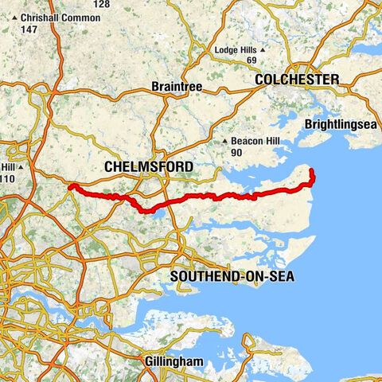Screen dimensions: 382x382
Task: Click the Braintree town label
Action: coord(177,86)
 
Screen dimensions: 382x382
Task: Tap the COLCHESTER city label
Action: coord(297,80)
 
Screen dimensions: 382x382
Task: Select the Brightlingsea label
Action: coord(337,125)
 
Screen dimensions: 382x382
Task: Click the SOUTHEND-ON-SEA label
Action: coord(228,276)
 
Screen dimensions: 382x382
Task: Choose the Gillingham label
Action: coord(176,362)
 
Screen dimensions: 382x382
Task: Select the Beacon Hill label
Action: coord(255,141)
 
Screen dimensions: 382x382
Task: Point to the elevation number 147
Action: coord(30,29)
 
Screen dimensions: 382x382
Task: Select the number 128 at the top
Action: coord(101,4)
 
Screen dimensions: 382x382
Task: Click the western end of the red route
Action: coord(71,186)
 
